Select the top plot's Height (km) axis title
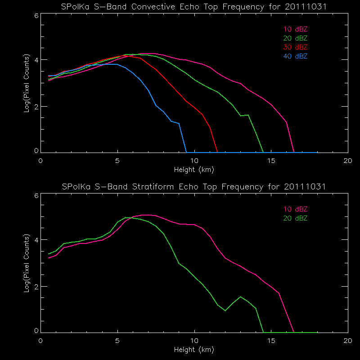point(194,170)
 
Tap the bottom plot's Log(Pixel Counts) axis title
point(27,263)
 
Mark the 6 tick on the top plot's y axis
point(36,15)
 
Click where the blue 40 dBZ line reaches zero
point(186,152)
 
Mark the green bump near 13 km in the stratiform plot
point(241,297)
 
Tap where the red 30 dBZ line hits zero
point(217,152)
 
